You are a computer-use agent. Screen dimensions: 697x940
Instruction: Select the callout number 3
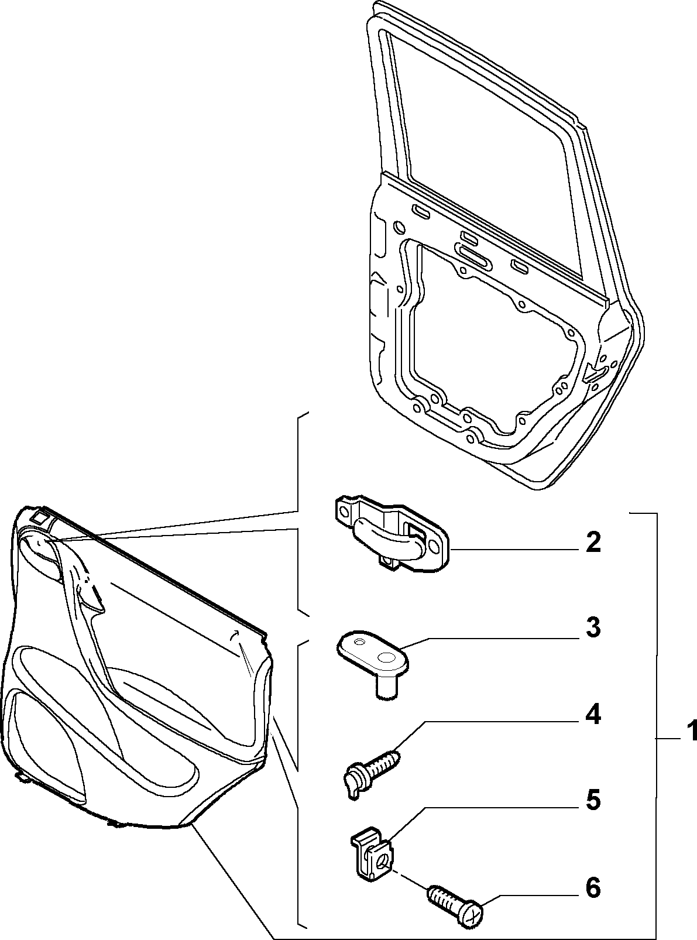coord(593,627)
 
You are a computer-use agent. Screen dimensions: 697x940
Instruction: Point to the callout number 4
coord(593,716)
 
